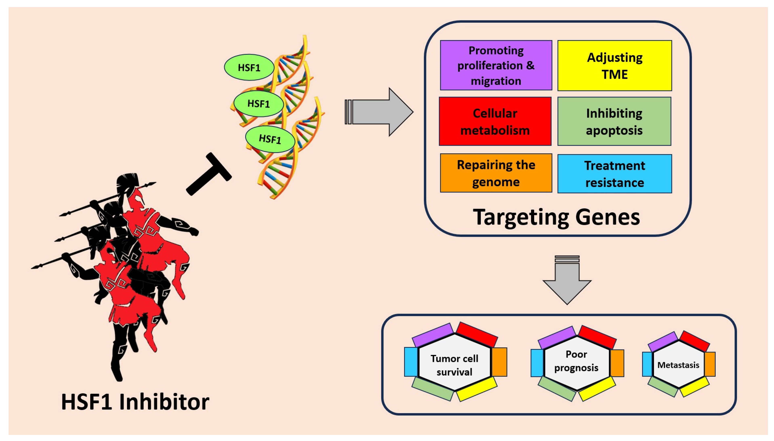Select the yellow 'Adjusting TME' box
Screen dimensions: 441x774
point(614,65)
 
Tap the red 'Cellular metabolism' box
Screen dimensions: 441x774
point(495,121)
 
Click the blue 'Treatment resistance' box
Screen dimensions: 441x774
point(614,174)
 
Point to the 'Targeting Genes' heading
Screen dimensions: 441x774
point(556,217)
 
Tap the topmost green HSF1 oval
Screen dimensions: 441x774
point(249,67)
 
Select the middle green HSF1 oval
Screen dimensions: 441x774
point(258,104)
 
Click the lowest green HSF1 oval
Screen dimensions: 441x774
point(270,139)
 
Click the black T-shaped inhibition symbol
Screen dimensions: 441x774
point(209,174)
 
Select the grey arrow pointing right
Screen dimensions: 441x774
point(380,112)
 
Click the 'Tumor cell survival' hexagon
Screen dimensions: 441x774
point(454,362)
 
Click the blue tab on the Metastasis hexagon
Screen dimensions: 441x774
point(647,364)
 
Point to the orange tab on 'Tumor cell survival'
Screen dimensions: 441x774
point(499,362)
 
